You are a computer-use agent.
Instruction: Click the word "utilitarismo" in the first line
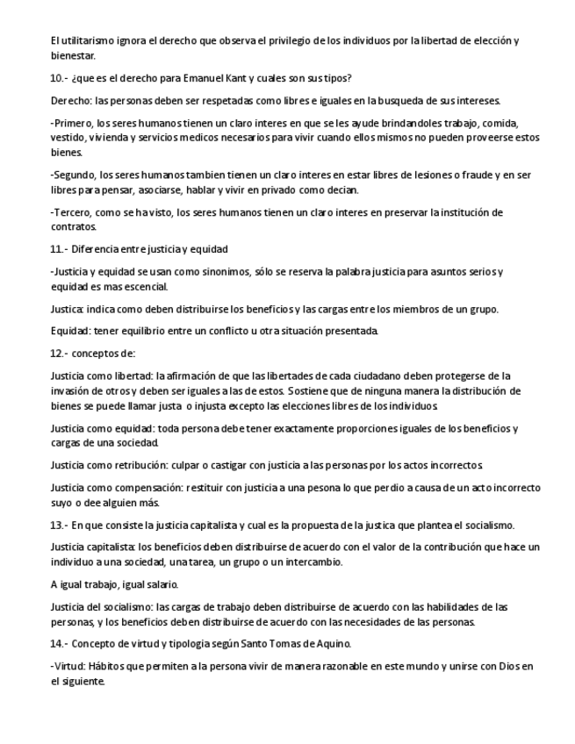point(84,40)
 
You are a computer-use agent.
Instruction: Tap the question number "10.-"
point(60,78)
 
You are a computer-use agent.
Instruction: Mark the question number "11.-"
point(60,249)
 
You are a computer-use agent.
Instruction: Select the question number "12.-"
point(60,354)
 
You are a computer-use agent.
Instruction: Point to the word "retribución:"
point(146,464)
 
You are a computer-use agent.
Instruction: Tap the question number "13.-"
point(60,525)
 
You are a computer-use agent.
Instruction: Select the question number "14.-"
point(60,644)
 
